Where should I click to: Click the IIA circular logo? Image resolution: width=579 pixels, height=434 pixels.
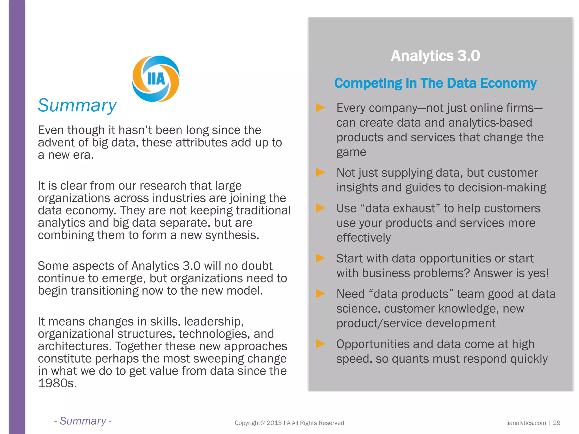click(155, 79)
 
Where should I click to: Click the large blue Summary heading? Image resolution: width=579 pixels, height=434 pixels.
click(77, 105)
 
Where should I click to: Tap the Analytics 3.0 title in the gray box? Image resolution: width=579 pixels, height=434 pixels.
click(435, 56)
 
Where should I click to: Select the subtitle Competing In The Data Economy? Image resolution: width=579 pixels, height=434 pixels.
click(435, 83)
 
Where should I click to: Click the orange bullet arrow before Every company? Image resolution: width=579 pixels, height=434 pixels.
click(320, 108)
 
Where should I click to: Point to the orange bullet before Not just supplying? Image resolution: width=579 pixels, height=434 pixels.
click(320, 172)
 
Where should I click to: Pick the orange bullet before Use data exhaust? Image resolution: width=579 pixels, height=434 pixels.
click(320, 208)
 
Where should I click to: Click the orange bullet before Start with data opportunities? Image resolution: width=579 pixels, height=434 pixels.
click(320, 258)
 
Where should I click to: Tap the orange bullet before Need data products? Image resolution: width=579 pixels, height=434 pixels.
click(320, 294)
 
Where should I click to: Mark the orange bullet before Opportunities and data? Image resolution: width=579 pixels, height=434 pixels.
click(320, 344)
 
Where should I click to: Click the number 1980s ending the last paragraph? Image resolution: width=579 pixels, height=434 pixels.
click(57, 383)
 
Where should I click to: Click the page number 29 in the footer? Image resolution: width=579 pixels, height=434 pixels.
click(557, 423)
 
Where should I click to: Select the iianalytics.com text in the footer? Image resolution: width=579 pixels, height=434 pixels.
click(526, 423)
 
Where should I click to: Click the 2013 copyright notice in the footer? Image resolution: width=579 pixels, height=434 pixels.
click(289, 423)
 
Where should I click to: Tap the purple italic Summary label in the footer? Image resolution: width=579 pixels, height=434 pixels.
click(83, 421)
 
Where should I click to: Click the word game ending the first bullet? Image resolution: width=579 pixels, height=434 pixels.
click(351, 152)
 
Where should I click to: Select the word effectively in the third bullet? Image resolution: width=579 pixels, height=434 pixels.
click(364, 238)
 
